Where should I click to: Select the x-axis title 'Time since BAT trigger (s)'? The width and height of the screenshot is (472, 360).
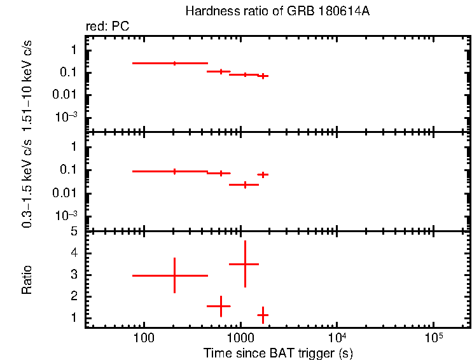coord(278,352)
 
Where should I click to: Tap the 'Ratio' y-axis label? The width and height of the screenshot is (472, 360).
coord(27,280)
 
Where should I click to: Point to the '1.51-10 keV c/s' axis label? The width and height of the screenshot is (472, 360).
coord(27,83)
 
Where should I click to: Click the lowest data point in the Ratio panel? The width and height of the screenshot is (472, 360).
coord(262,315)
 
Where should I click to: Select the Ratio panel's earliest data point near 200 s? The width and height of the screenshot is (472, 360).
coord(174,275)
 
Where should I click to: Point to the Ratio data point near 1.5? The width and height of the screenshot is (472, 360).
coord(221,306)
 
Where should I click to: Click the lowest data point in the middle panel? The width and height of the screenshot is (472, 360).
coord(245,184)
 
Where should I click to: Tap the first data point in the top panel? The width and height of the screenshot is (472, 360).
coord(174,63)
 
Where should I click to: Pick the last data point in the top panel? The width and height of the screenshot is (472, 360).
coord(262,76)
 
